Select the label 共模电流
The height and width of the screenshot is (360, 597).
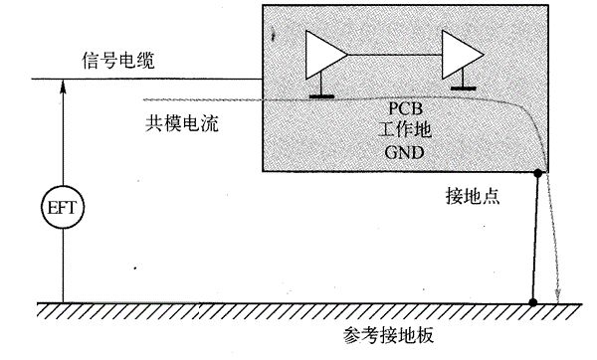point(180,126)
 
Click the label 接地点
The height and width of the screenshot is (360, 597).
point(472,198)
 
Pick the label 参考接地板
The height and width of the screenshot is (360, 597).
point(393,335)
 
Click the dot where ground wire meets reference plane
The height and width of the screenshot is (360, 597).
point(533,301)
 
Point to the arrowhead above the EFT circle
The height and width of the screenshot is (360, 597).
point(62,88)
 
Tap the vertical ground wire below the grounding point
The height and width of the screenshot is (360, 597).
point(536,239)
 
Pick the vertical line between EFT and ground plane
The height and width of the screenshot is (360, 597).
point(62,269)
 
